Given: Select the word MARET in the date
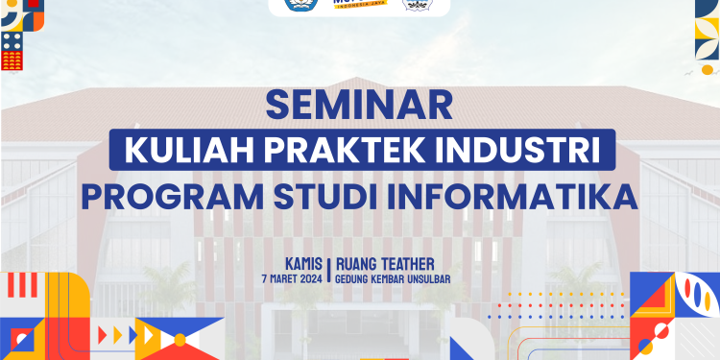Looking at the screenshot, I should pyautogui.click(x=279, y=278).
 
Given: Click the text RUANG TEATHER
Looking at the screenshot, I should pyautogui.click(x=385, y=263).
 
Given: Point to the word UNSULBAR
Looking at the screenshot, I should pyautogui.click(x=423, y=278).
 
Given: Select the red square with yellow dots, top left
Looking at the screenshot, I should pyautogui.click(x=12, y=60).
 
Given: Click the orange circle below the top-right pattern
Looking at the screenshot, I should pyautogui.click(x=708, y=68).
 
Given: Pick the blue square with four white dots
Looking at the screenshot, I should pyautogui.click(x=12, y=40).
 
